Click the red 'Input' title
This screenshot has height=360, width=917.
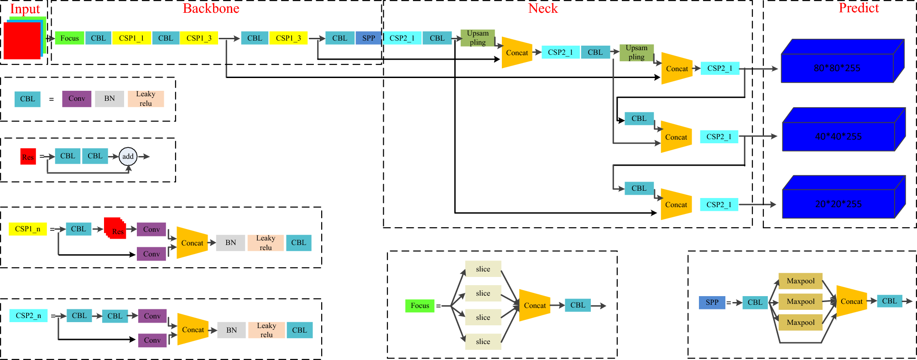25,9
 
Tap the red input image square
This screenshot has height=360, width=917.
22,41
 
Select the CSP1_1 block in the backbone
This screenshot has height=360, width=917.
131,38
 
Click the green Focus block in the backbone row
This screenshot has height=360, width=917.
69,38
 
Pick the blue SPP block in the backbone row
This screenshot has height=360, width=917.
369,38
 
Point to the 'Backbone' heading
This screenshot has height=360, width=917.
211,8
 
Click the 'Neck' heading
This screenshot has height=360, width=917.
543,8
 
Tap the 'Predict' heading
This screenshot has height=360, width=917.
859,8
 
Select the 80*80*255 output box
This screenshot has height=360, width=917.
837,68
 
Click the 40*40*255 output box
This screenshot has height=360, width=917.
838,136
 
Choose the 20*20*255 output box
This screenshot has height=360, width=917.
838,203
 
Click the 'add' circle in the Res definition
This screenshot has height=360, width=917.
128,156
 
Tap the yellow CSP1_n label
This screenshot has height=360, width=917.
27,229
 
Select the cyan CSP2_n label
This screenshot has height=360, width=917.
28,315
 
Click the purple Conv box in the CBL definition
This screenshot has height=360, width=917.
77,99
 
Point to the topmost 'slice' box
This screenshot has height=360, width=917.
483,269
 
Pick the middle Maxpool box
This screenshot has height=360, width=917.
800,301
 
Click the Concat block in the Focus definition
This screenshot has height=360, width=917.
534,305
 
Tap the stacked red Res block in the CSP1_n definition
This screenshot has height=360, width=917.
115,228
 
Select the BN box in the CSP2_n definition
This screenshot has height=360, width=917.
231,330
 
